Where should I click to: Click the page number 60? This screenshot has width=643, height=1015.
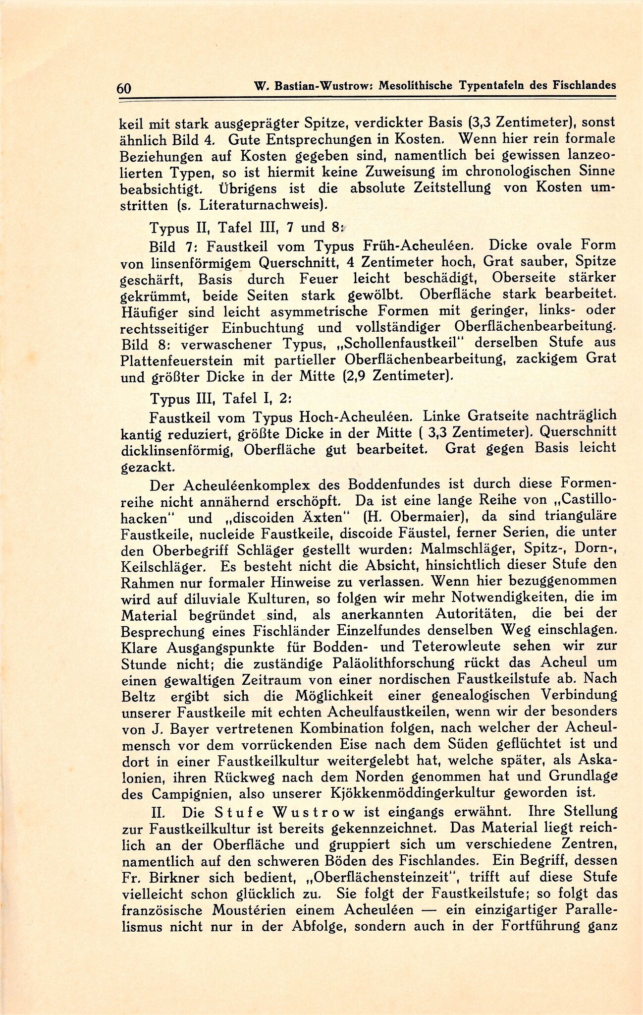pos(123,88)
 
